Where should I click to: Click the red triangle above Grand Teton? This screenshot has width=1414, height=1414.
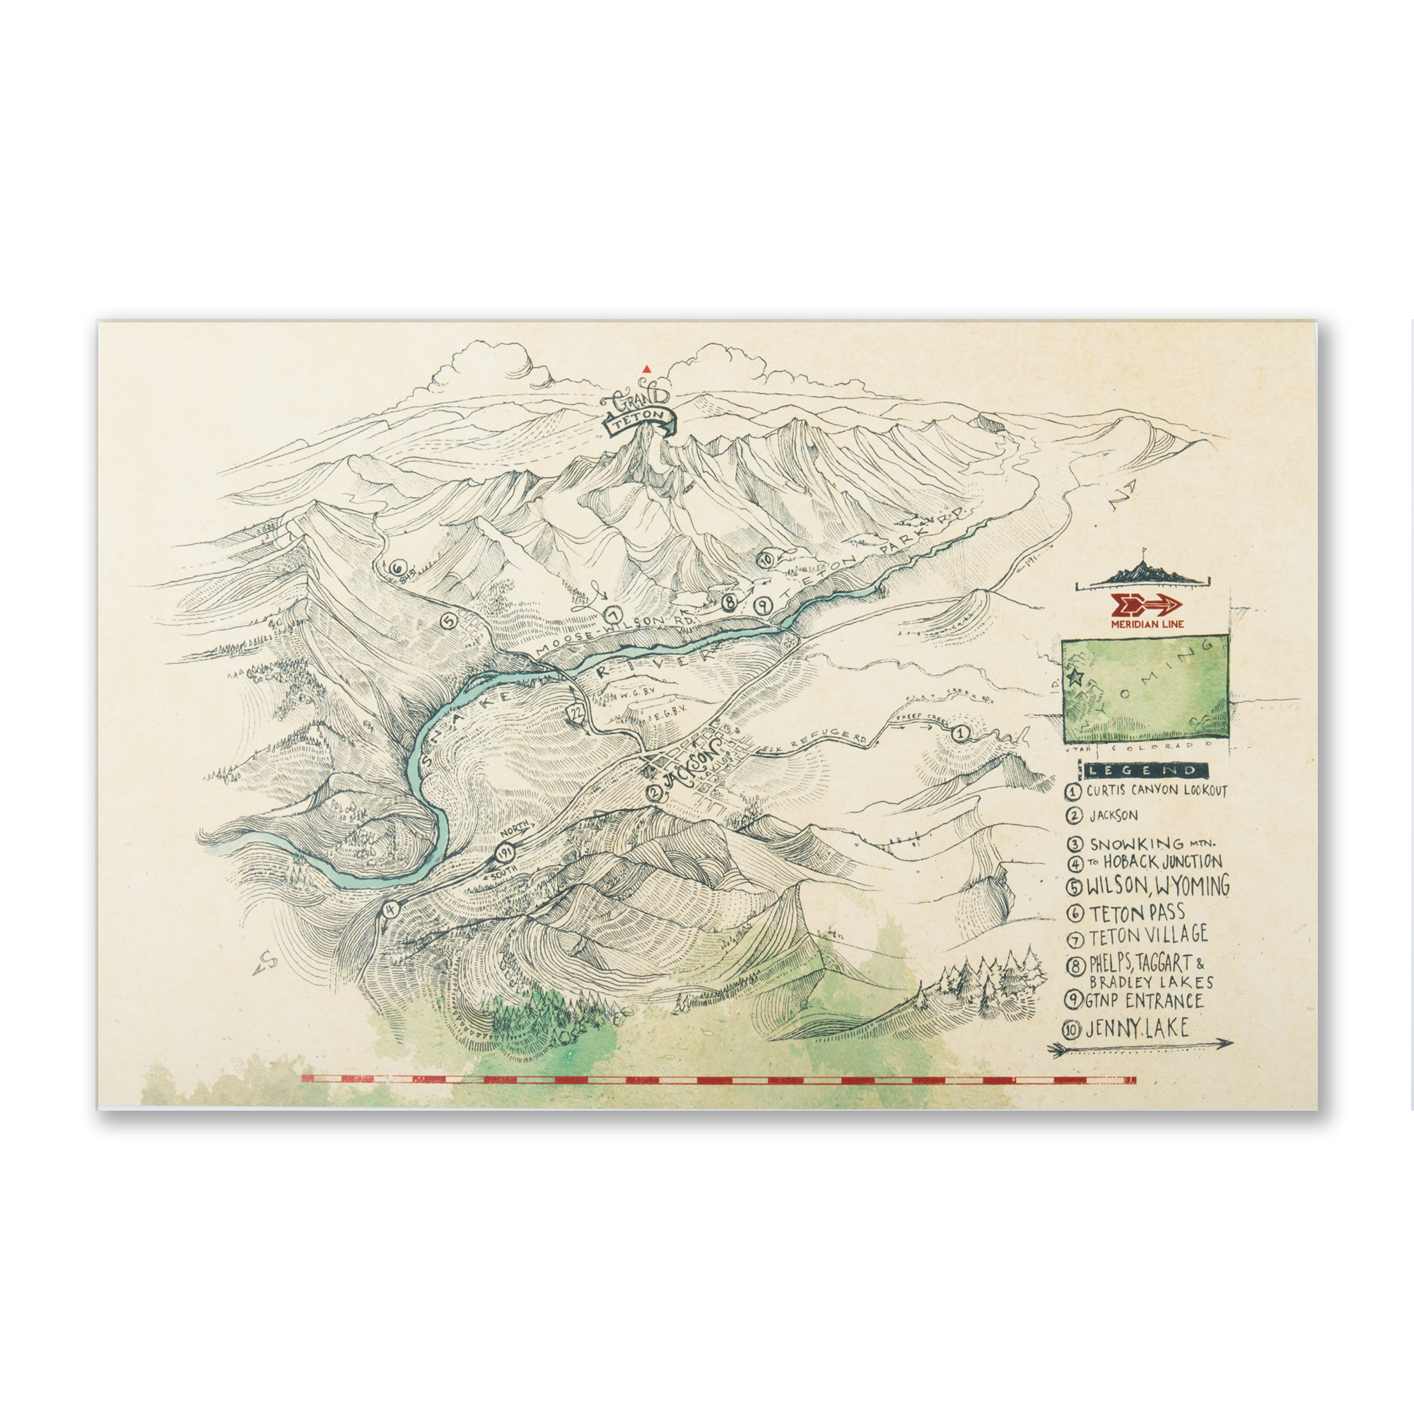[645, 370]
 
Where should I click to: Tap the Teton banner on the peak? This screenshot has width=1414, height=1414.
[638, 423]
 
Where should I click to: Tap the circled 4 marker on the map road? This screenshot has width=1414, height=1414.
[390, 909]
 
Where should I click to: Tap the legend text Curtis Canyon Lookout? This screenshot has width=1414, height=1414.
[1157, 790]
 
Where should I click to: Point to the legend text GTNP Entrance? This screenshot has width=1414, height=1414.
[1145, 1000]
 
